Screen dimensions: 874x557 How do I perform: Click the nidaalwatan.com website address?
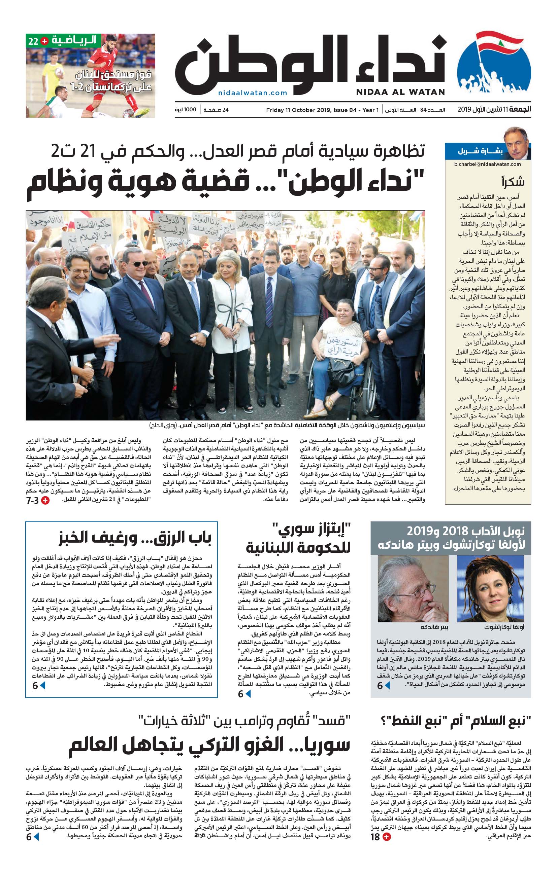coord(253,93)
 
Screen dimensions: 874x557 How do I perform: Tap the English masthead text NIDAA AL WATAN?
coord(400,92)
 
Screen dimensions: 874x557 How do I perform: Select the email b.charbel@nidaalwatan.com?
coord(487,164)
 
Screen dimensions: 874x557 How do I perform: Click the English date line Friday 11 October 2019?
coord(322,110)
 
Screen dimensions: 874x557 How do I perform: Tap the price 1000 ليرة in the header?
coord(186,110)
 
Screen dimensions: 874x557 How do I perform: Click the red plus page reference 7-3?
coord(37,501)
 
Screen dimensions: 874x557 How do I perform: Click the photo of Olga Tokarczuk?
coord(491,588)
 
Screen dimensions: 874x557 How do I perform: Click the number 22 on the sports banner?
coord(33,41)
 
